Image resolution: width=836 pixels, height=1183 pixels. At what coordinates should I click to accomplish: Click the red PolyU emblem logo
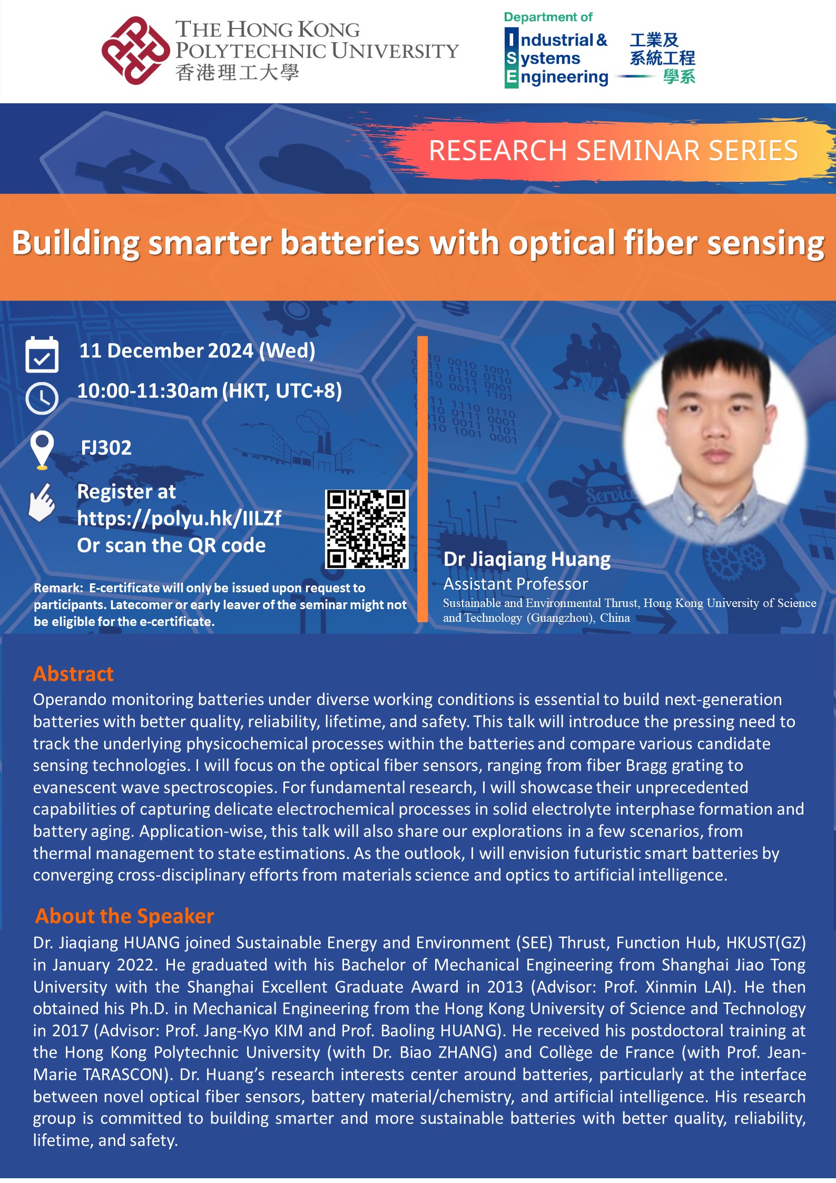tap(136, 51)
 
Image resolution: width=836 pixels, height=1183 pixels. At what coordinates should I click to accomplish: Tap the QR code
tap(367, 529)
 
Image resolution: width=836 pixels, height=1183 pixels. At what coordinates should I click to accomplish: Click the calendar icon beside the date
tap(42, 354)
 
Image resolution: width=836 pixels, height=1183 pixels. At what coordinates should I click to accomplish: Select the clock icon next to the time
tap(42, 398)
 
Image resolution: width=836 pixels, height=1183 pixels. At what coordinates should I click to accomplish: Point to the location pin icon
tap(42, 449)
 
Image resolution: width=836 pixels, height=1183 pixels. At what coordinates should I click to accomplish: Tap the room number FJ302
tap(106, 448)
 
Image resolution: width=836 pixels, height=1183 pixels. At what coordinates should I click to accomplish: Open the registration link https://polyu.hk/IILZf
tap(179, 519)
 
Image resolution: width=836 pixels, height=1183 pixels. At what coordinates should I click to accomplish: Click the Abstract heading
tap(73, 674)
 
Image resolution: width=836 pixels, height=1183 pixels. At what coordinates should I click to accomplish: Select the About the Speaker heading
tap(125, 916)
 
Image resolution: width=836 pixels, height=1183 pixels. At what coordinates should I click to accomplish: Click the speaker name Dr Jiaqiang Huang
tap(527, 560)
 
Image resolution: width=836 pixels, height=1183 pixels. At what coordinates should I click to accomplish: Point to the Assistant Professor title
tap(515, 584)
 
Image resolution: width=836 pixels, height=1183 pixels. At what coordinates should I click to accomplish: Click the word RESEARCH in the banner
tap(498, 151)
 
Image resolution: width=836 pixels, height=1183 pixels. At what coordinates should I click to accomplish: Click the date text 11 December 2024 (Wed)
tap(198, 351)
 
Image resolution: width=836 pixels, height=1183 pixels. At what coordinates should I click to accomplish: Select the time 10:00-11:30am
tap(147, 391)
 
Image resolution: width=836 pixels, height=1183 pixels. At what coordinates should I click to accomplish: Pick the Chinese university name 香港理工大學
tap(237, 72)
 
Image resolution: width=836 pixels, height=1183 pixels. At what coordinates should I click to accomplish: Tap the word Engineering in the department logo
tap(557, 78)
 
